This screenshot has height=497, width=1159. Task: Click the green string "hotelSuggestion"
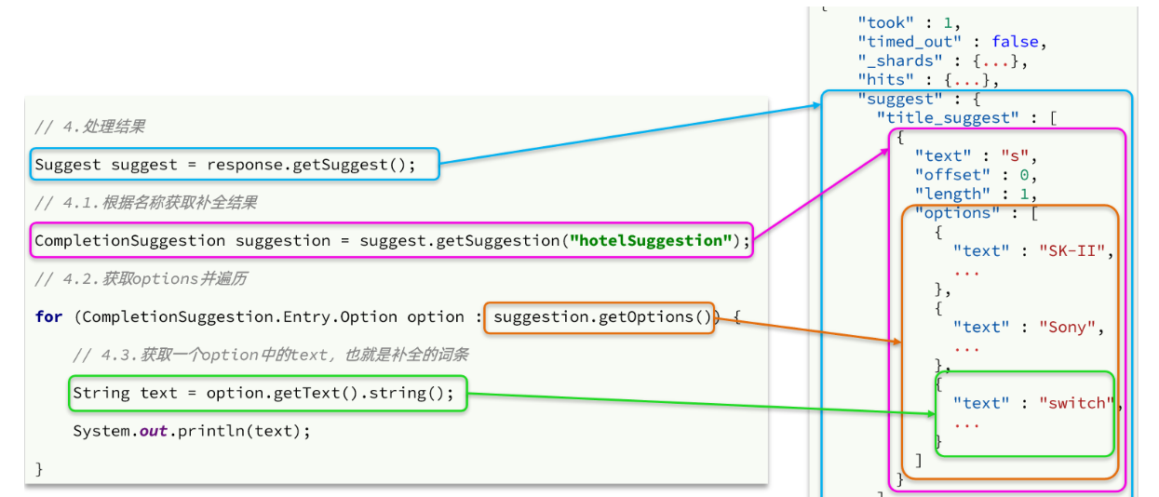coord(651,240)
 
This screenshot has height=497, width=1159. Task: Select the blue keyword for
coord(48,316)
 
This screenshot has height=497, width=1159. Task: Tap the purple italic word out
coord(154,431)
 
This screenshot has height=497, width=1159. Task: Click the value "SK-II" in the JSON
coord(1071,251)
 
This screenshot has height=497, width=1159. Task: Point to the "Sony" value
coord(1067,327)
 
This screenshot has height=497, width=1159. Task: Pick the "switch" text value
coord(1076,403)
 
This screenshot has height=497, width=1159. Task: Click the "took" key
coord(885,22)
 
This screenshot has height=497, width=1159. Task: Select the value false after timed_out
coord(1015,41)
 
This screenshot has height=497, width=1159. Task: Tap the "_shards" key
coord(899,60)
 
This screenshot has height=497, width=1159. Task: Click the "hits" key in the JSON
coord(885,80)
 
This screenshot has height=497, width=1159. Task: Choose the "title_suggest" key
coord(948,118)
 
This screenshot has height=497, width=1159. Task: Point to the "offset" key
coord(952,175)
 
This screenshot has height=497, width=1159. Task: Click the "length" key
coord(952,194)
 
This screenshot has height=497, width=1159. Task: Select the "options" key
coord(957,212)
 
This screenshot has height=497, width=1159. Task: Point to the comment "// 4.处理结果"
coord(89,127)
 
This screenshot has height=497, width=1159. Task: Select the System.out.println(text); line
coord(192,431)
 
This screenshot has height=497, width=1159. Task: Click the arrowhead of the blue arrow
coord(818,105)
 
